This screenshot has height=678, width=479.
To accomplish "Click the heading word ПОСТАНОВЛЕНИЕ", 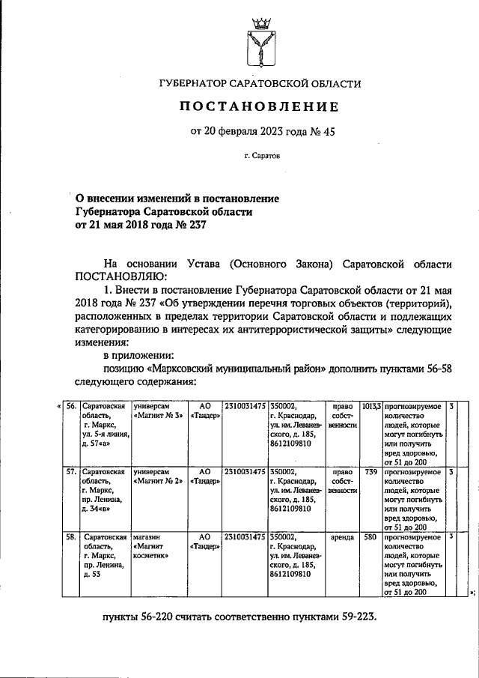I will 257,108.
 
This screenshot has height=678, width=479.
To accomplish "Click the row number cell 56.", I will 72,406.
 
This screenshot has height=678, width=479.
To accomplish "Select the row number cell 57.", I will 72,472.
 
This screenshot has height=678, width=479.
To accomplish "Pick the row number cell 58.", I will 72,537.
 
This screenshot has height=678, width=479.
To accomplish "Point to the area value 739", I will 371,472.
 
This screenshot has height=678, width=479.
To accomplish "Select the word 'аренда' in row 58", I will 342,537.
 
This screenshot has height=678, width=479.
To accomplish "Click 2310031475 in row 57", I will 245,472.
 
